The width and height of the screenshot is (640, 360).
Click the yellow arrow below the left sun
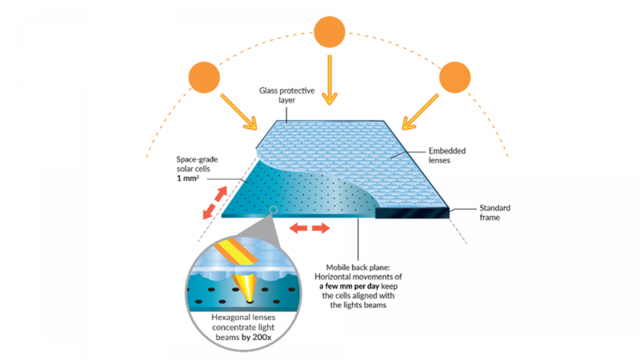(239, 114)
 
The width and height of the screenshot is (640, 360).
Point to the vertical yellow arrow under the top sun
(327, 80)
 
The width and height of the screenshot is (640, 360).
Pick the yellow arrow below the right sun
(419, 114)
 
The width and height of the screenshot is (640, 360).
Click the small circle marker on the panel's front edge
(274, 211)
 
